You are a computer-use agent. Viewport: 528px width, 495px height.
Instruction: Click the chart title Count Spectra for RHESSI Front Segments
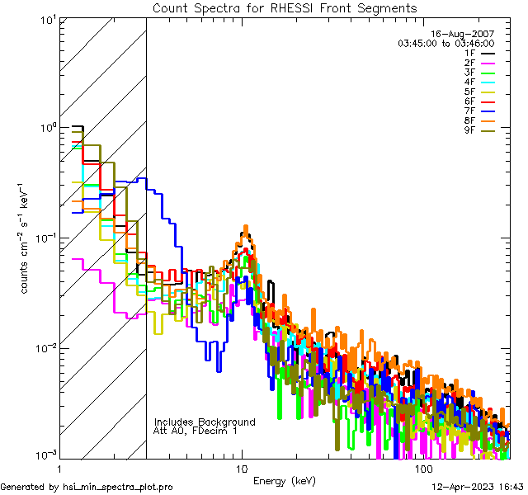pyautogui.click(x=285, y=7)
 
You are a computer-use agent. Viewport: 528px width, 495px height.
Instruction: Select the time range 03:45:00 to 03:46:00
pyautogui.click(x=445, y=43)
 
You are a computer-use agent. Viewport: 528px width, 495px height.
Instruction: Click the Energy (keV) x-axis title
pyautogui.click(x=284, y=480)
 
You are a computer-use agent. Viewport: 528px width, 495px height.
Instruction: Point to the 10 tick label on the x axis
pyautogui.click(x=242, y=468)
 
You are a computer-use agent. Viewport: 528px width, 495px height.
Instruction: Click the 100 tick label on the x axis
pyautogui.click(x=423, y=468)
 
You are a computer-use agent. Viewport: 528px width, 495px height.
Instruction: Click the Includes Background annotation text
pyautogui.click(x=205, y=422)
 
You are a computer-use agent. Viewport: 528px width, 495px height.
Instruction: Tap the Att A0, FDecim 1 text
pyautogui.click(x=196, y=431)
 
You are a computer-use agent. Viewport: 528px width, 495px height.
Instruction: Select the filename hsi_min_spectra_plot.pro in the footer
pyautogui.click(x=118, y=487)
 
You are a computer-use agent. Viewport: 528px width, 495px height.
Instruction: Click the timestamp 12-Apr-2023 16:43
pyautogui.click(x=476, y=487)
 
